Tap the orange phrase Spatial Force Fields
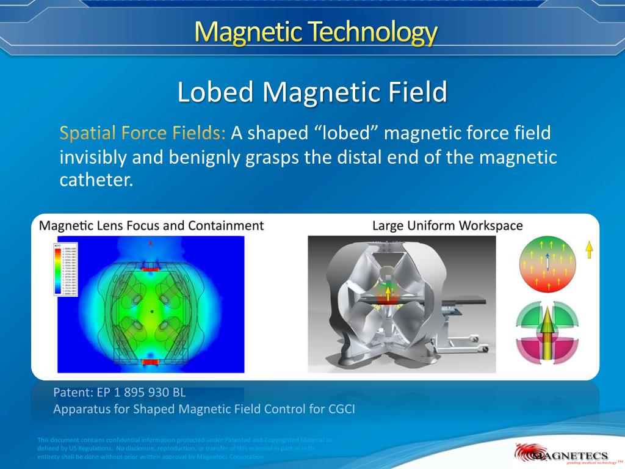143,133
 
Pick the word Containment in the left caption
225,225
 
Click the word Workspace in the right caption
491,225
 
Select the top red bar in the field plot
150,268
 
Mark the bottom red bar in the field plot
150,362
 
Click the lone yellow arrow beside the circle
589,250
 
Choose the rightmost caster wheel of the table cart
486,348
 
